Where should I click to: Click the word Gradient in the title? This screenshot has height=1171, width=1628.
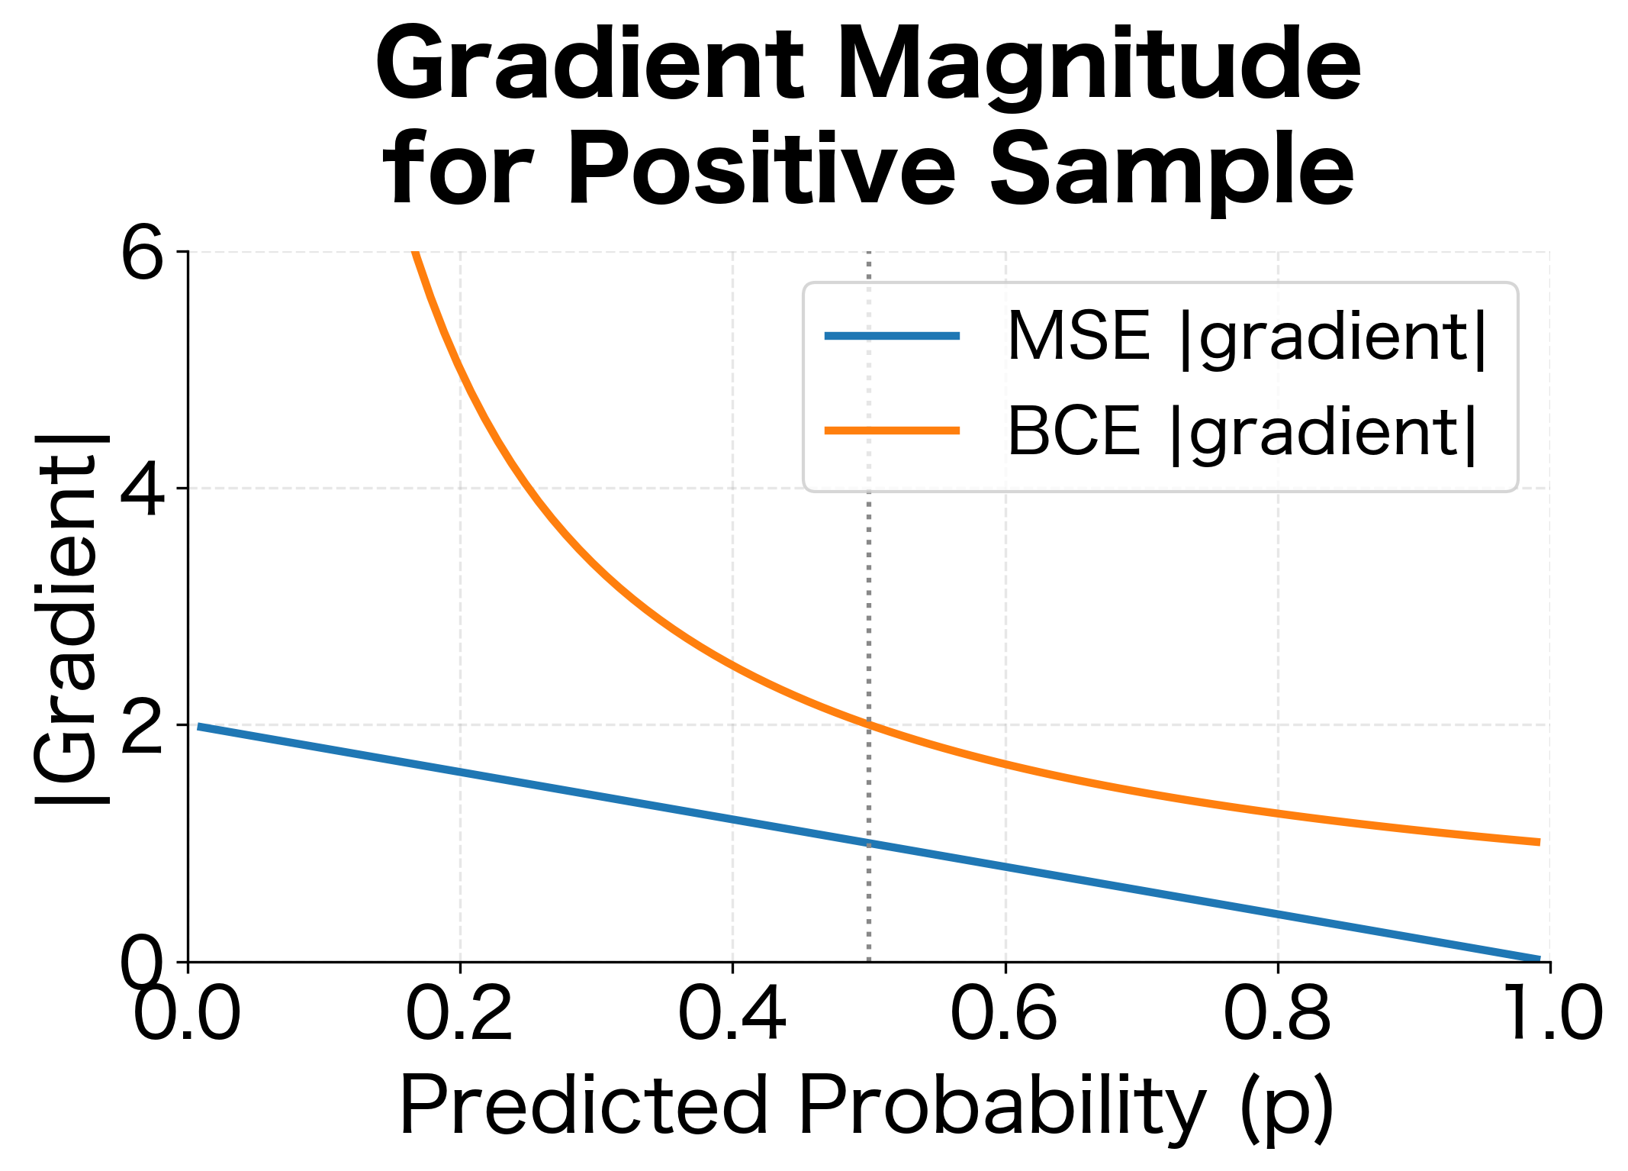[589, 67]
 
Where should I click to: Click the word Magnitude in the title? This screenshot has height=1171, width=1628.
[1099, 67]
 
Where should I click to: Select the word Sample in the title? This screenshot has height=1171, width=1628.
[1171, 169]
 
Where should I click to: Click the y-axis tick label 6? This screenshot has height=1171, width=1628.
[143, 254]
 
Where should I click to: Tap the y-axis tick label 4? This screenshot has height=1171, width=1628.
[143, 490]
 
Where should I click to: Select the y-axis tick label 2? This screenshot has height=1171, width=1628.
[143, 727]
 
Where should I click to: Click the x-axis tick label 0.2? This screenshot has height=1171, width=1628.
[459, 1014]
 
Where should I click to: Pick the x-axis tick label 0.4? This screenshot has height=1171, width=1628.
[732, 1014]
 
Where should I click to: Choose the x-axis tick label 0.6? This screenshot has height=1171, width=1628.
[1004, 1014]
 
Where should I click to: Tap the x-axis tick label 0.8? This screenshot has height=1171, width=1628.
[1277, 1014]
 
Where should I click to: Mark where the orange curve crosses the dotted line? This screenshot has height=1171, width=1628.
[869, 724]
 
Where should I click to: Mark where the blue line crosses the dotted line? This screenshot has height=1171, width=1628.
[869, 843]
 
